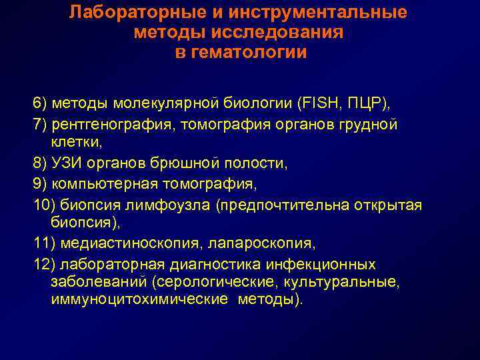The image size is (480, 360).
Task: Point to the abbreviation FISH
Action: [323, 105]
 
